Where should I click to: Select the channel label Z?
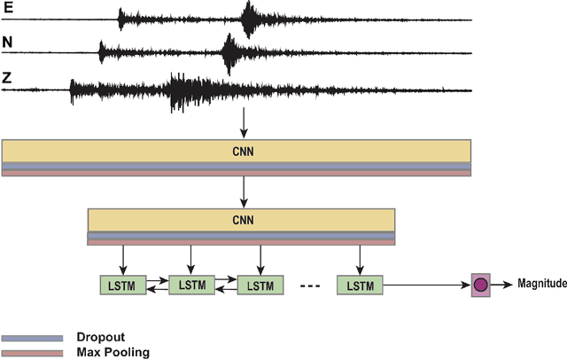[x=8, y=76]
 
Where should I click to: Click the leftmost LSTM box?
[x=122, y=285]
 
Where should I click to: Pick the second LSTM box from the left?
[x=191, y=285]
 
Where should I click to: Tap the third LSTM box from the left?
[x=260, y=285]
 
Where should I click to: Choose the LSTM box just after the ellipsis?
[x=360, y=285]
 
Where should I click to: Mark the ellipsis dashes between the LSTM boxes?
[x=311, y=286]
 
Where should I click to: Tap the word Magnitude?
[x=541, y=284]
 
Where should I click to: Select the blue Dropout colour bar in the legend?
[x=32, y=338]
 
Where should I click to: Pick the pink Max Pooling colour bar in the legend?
[x=32, y=352]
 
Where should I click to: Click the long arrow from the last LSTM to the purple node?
[x=425, y=285]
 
